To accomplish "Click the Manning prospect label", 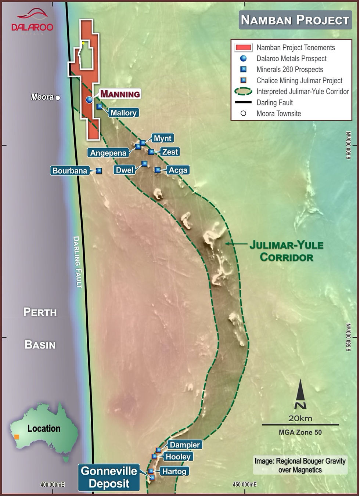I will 120,94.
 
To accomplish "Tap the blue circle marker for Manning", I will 89,100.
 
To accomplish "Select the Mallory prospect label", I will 123,113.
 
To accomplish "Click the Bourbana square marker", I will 99,171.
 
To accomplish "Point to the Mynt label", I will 162,138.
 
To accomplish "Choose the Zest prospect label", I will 170,152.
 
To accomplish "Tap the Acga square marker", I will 157,170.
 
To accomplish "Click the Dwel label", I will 125,170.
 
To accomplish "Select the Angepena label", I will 108,153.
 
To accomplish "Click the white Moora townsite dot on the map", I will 58,98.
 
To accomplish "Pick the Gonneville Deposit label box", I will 109,477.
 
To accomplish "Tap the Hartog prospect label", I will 174,471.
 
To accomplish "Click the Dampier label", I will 184,445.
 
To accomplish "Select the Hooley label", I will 178,457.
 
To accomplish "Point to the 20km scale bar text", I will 300,418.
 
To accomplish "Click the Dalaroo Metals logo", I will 32,22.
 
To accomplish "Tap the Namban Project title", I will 295,20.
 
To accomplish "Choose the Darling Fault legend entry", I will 274,103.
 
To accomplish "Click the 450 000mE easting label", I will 245,485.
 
